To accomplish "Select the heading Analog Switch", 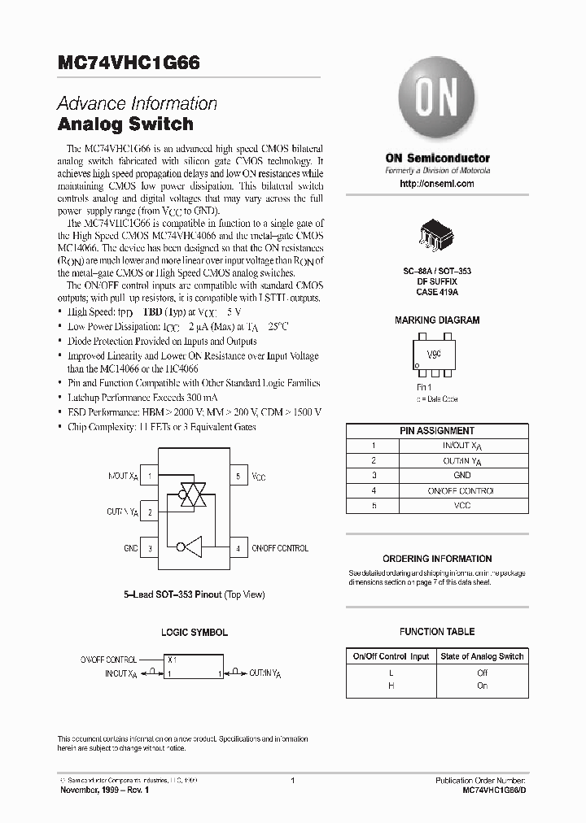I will click(125, 124).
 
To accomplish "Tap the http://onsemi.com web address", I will click(437, 184).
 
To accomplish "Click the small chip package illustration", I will click(437, 233).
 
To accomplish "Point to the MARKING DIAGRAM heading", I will click(437, 320).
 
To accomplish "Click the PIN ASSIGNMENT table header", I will click(437, 430).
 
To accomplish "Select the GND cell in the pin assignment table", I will click(462, 475).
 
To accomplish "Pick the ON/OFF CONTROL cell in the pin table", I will click(462, 490).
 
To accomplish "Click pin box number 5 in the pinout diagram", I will click(238, 476).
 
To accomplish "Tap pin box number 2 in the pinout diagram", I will click(150, 512).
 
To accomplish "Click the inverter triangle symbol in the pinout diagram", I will click(190, 548).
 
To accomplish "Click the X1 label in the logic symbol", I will click(172, 660).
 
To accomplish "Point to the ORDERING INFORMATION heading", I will click(437, 559).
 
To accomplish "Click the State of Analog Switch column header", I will click(482, 656).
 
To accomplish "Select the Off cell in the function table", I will click(482, 673).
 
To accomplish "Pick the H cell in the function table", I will click(391, 686).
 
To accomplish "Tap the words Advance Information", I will click(137, 104).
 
